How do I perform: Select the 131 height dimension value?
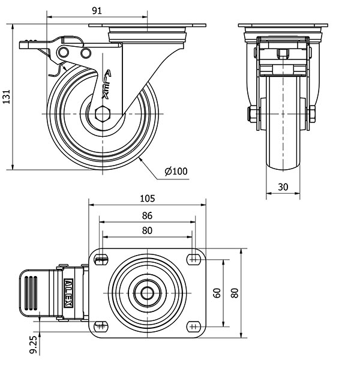click(6, 96)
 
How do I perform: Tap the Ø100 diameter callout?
click(175, 172)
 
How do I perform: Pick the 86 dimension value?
click(147, 215)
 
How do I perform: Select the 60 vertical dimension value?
click(217, 292)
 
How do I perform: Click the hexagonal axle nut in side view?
click(103, 113)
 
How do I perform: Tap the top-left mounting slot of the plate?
click(101, 259)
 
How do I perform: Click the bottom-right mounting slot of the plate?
click(194, 326)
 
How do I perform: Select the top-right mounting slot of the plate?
click(194, 259)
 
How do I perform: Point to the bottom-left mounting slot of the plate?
click(101, 326)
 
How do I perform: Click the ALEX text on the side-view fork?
click(107, 84)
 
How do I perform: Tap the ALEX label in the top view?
click(69, 293)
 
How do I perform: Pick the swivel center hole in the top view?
click(148, 293)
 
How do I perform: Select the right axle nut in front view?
click(313, 113)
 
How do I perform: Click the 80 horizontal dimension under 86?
click(147, 231)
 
